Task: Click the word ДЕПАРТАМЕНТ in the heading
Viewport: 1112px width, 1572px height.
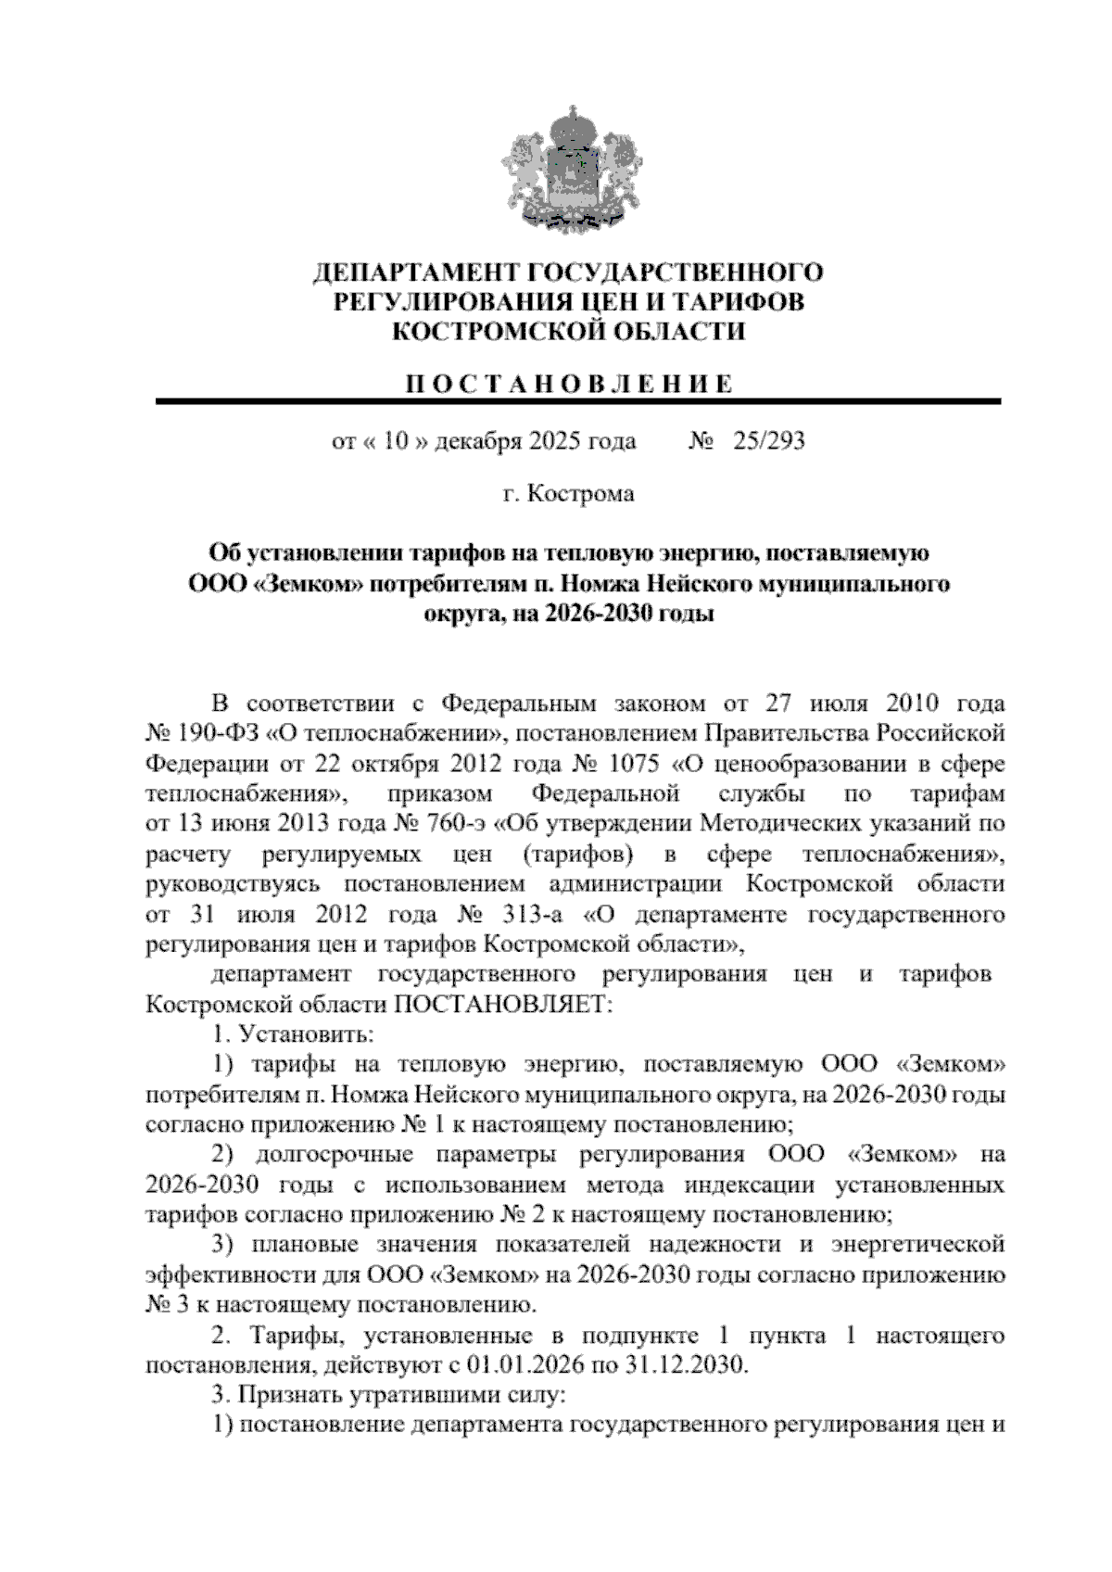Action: click(416, 273)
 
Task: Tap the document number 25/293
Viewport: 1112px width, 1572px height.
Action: click(768, 441)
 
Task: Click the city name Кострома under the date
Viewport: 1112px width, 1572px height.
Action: click(580, 494)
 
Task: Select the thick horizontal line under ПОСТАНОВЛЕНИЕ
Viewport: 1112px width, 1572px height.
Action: click(578, 401)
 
